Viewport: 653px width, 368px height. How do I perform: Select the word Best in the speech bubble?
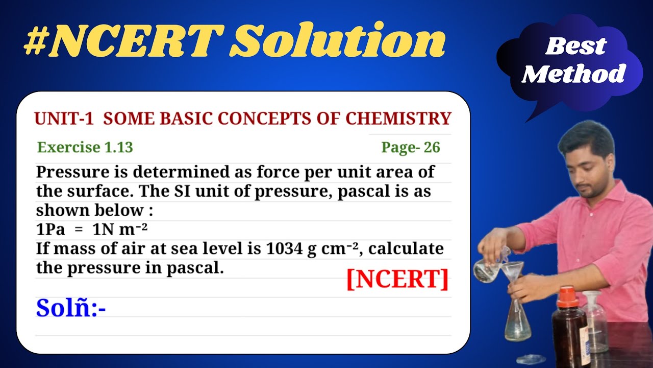575,47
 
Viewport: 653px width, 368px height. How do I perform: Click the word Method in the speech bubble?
573,75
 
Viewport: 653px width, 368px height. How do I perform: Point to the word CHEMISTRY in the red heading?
398,119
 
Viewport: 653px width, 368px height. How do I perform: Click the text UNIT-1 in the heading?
64,119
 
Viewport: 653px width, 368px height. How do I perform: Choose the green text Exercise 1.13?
85,148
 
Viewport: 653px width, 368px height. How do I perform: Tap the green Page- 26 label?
410,148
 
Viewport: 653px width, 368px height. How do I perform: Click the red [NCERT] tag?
397,279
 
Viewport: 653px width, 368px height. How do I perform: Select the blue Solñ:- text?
70,308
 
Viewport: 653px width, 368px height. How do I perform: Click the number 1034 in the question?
284,249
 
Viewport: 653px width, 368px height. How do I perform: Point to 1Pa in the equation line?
51,230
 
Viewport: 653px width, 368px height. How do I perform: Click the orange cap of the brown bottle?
568,297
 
